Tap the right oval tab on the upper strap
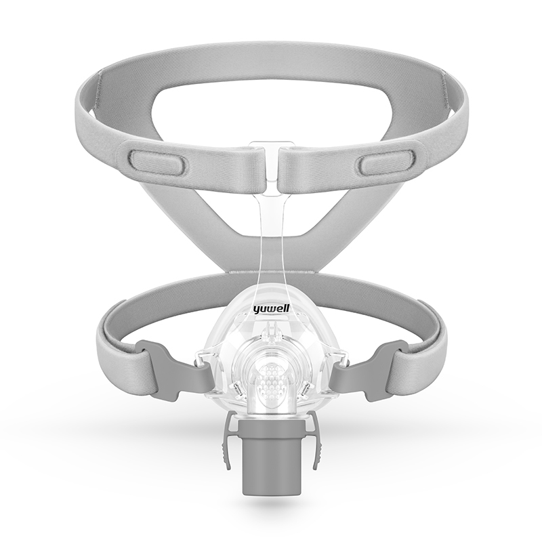click(x=383, y=163)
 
